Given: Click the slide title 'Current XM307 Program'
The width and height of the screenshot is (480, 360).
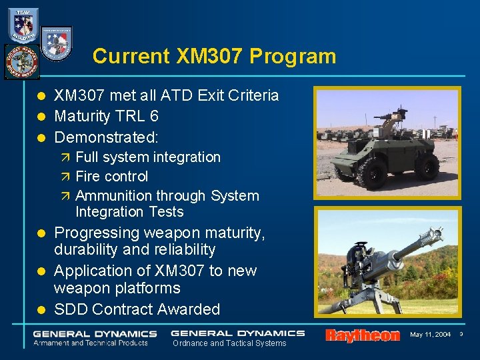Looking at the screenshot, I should [214, 56].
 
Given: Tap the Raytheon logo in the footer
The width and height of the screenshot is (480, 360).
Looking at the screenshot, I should [362, 335].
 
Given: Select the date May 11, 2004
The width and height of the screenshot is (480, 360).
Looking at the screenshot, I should [430, 335].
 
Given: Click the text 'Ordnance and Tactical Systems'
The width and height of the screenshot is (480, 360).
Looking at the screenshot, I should [229, 343].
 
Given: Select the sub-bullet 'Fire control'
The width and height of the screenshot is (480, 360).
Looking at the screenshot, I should [111, 177].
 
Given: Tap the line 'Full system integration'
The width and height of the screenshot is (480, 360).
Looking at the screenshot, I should [147, 157].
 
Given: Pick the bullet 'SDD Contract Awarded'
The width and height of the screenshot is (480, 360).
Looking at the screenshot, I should [137, 309].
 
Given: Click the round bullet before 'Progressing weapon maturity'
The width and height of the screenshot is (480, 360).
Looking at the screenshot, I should [41, 233].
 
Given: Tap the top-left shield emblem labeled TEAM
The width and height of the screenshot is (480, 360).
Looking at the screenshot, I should [23, 25].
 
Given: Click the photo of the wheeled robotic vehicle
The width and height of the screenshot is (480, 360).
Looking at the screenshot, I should [387, 143].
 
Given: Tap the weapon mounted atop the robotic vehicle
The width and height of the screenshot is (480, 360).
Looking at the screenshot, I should [391, 117].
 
